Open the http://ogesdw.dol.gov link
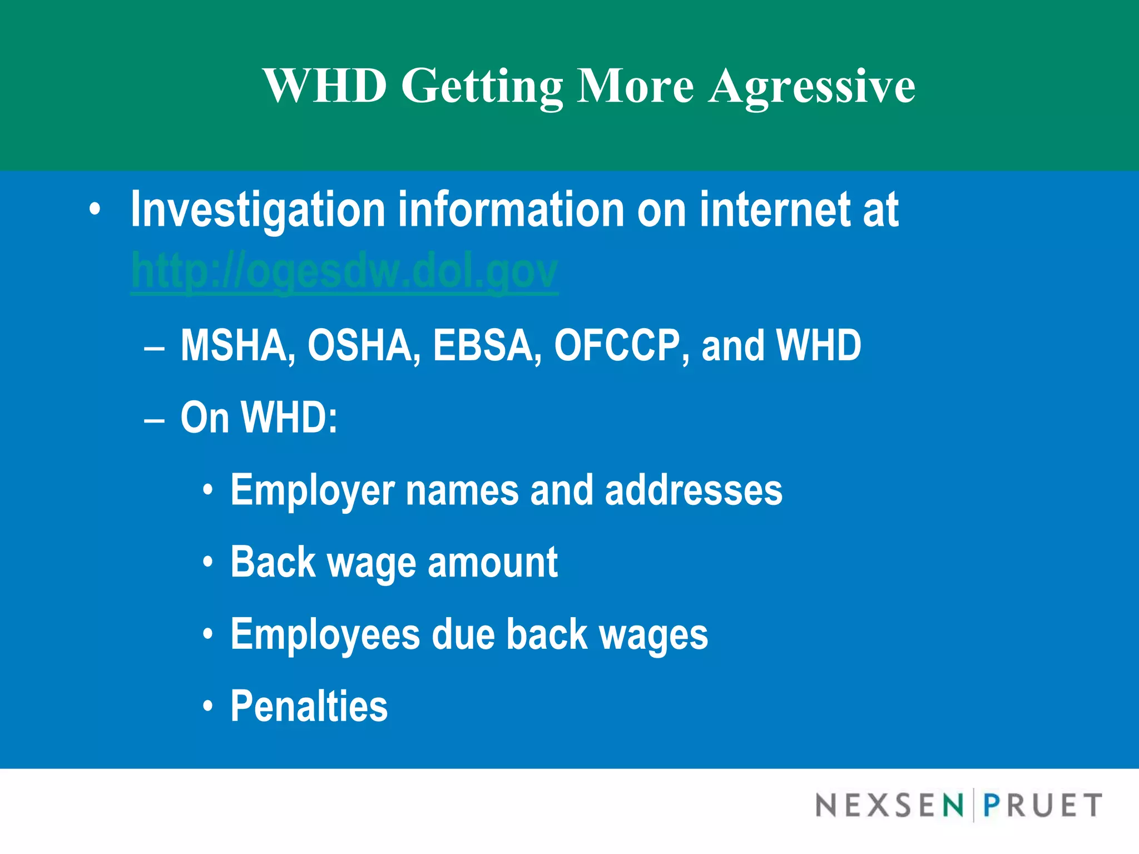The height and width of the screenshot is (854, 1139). [344, 271]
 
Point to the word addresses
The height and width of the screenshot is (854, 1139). [694, 490]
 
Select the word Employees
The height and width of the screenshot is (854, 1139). [325, 635]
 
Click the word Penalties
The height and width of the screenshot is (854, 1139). [309, 706]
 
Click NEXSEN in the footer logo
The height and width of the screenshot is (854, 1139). [889, 805]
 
